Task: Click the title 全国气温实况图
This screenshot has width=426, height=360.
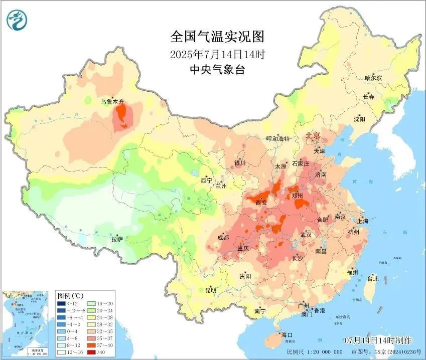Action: (x=217, y=37)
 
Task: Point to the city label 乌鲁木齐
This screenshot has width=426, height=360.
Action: (x=111, y=102)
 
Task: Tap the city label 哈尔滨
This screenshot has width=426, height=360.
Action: (x=373, y=78)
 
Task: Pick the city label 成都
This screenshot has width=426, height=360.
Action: (x=223, y=237)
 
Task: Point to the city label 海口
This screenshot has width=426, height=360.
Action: (x=287, y=334)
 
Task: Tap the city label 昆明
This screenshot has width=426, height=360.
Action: (x=211, y=290)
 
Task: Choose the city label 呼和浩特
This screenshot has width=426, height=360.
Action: (x=277, y=139)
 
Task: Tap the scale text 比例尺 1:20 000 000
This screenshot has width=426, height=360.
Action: (x=315, y=352)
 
